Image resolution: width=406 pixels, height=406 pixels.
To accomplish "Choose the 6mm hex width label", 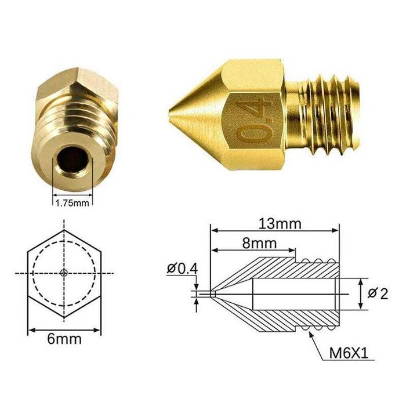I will click(64, 339).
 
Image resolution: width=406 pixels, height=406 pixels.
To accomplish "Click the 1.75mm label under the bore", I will click(72, 203).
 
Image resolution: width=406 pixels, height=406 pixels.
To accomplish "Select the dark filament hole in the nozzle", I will click(71, 160).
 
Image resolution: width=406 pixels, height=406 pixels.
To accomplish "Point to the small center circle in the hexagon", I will click(64, 273).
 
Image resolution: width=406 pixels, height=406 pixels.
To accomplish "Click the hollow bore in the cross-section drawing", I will click(293, 294).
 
